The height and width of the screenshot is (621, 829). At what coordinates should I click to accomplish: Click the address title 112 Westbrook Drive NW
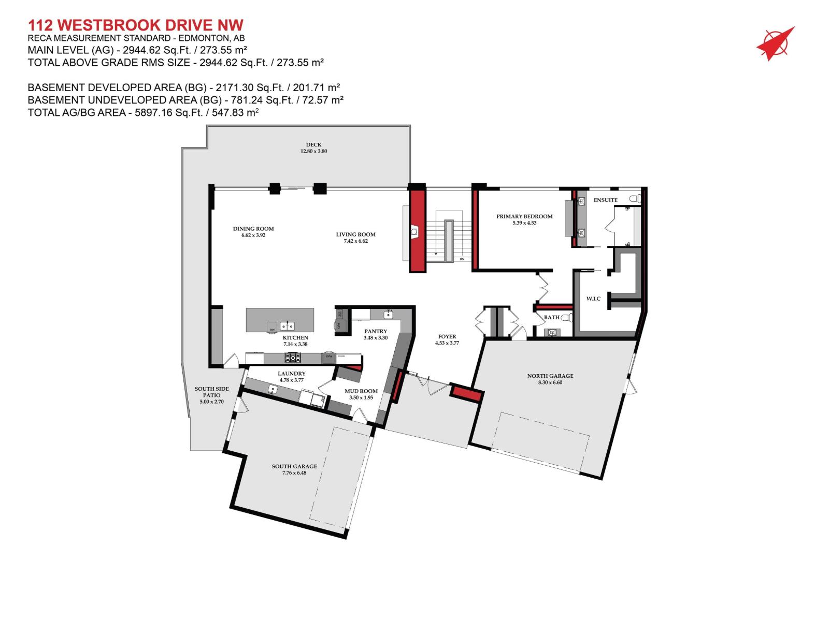135,25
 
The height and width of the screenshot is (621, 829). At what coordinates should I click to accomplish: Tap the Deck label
313,145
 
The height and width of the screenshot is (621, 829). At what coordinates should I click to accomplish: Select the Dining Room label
253,229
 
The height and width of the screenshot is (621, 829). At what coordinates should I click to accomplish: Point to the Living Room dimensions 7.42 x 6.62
355,241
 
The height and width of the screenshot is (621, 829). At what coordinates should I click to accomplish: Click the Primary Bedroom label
524,216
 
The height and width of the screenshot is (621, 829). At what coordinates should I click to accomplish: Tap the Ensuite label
605,200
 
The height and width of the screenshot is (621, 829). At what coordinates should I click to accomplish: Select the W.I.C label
593,299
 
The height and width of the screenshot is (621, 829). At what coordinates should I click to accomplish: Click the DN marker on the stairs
462,259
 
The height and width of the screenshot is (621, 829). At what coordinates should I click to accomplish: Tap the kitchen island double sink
288,326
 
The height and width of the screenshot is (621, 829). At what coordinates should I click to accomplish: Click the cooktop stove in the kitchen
293,357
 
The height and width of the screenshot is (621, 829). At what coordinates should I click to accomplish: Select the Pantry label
376,331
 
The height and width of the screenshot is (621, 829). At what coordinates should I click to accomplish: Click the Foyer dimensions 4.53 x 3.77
447,343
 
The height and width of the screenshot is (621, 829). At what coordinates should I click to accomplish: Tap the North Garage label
550,376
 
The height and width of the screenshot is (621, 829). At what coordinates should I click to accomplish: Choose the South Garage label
294,466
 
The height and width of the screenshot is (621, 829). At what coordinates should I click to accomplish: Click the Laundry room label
292,373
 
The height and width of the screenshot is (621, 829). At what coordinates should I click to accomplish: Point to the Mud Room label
361,391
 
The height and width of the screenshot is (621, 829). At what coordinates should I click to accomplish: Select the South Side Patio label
211,392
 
